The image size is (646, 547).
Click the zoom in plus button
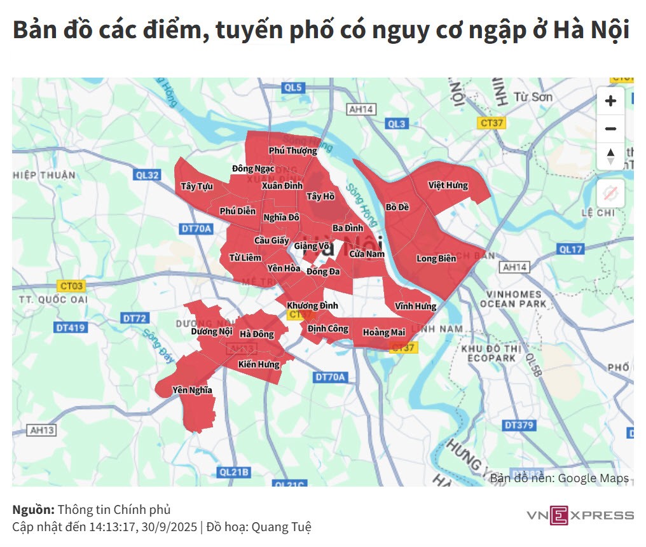click(x=610, y=101)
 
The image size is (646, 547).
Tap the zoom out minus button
click(x=610, y=129)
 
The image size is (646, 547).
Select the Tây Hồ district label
click(x=320, y=197)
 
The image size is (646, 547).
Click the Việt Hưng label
click(x=448, y=186)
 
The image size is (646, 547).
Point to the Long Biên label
click(x=436, y=258)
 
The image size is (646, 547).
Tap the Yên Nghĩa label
click(x=192, y=390)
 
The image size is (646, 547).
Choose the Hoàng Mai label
click(x=384, y=332)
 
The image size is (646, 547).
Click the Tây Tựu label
click(x=196, y=186)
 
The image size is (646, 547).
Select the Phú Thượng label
click(x=292, y=151)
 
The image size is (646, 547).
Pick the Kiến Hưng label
click(x=259, y=364)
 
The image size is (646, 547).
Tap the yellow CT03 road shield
click(x=71, y=286)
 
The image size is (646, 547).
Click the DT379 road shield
click(x=519, y=425)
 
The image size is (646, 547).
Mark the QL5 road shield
click(x=294, y=88)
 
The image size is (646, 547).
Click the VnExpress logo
click(x=580, y=515)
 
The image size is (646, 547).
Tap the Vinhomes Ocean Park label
click(x=514, y=299)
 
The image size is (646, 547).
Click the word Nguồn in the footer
click(x=33, y=510)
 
